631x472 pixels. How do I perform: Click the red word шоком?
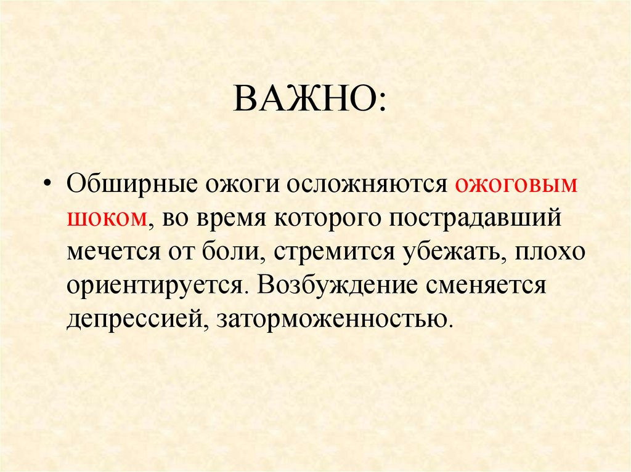[106, 219]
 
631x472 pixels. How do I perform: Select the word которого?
[330, 219]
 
